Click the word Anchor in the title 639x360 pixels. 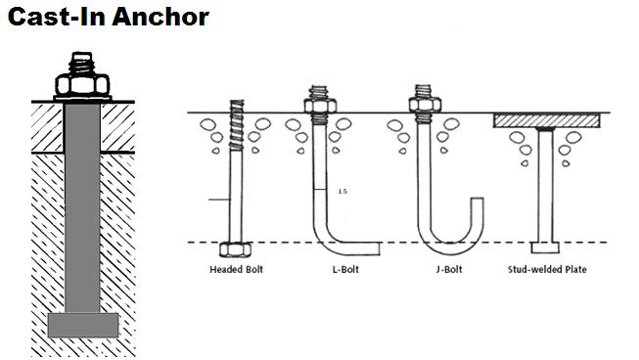(155, 17)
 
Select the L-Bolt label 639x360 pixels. (335, 268)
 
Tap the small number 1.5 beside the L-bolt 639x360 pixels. (341, 192)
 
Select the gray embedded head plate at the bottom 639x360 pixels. (83, 325)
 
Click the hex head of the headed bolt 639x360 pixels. (234, 248)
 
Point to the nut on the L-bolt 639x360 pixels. (318, 100)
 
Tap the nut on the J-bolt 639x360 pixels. (423, 100)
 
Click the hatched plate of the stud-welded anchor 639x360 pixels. (546, 120)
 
